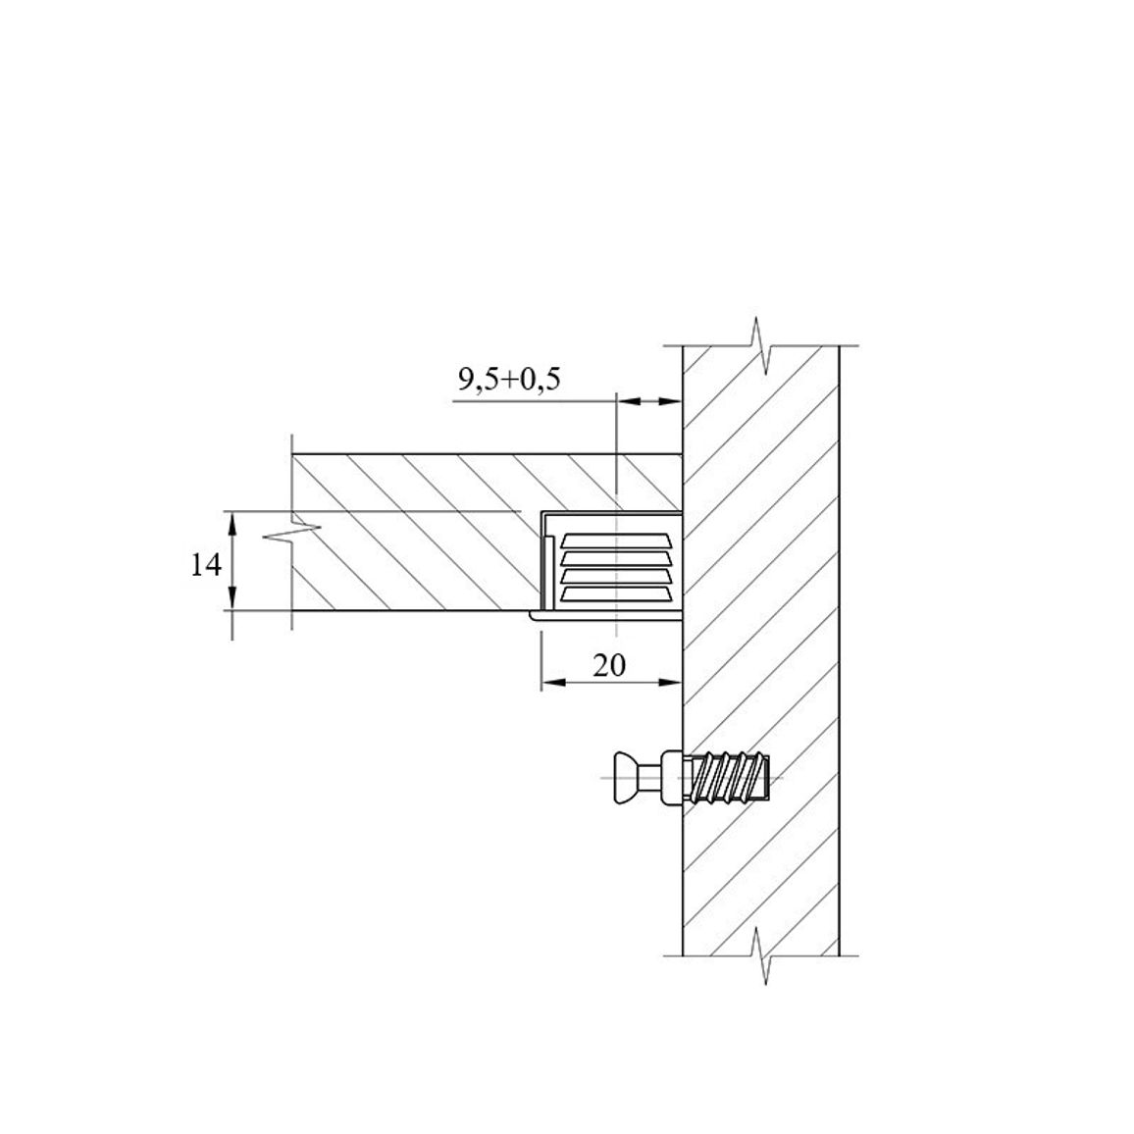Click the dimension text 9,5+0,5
pos(509,379)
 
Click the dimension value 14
pos(205,564)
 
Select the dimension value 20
pos(609,665)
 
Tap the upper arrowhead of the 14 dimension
pos(232,522)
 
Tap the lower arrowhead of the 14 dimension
pos(232,598)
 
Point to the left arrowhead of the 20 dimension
pos(553,682)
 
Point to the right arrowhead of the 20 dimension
pos(671,682)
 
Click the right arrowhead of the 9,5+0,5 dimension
pos(671,400)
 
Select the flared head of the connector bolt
pos(626,778)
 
